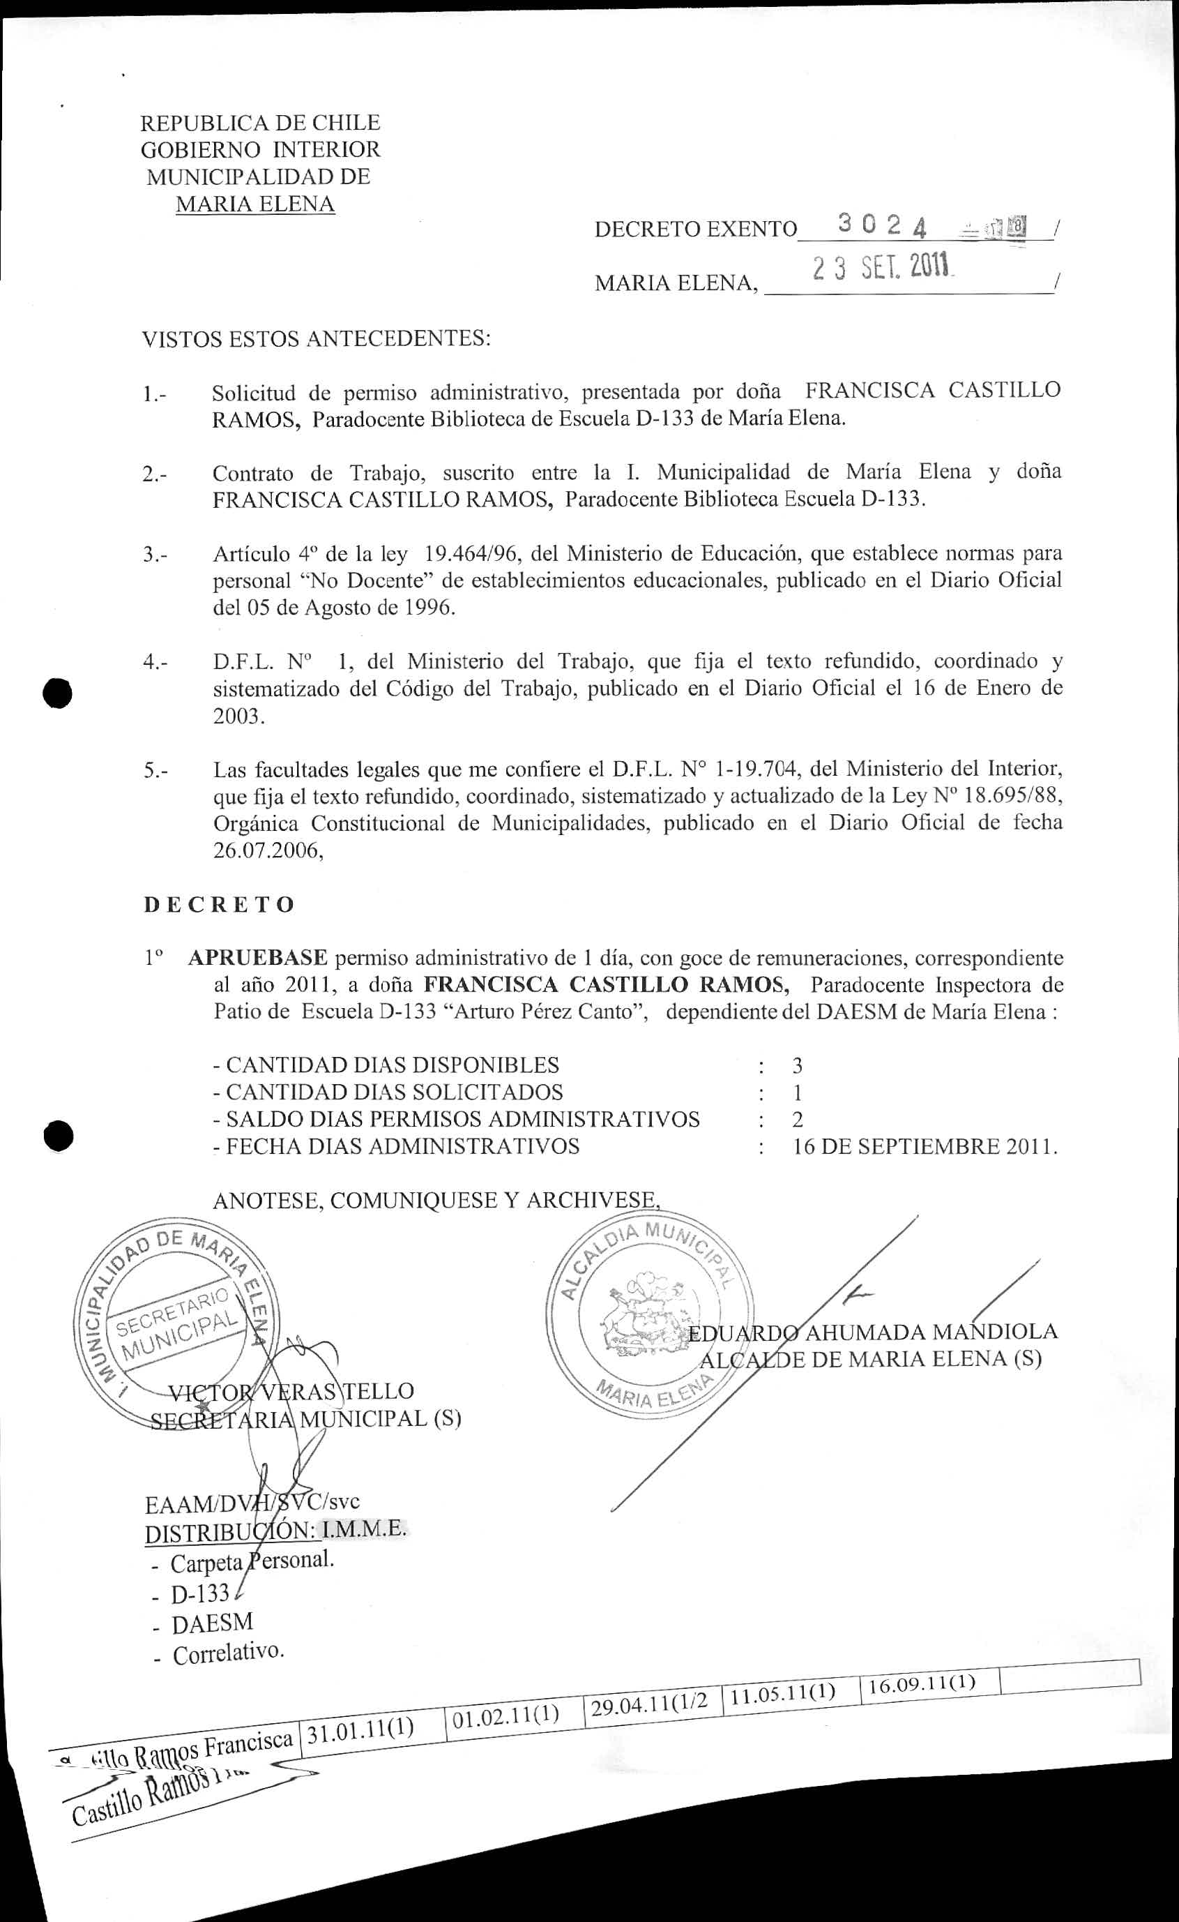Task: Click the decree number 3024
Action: click(882, 225)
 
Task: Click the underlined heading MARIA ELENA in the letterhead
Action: click(255, 204)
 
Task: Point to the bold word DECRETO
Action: click(219, 904)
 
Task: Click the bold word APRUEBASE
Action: click(257, 957)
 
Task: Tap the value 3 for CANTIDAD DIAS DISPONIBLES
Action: click(797, 1065)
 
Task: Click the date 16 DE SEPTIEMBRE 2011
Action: click(925, 1147)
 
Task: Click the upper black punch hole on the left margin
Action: click(58, 692)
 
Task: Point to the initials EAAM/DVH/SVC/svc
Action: click(252, 1501)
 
